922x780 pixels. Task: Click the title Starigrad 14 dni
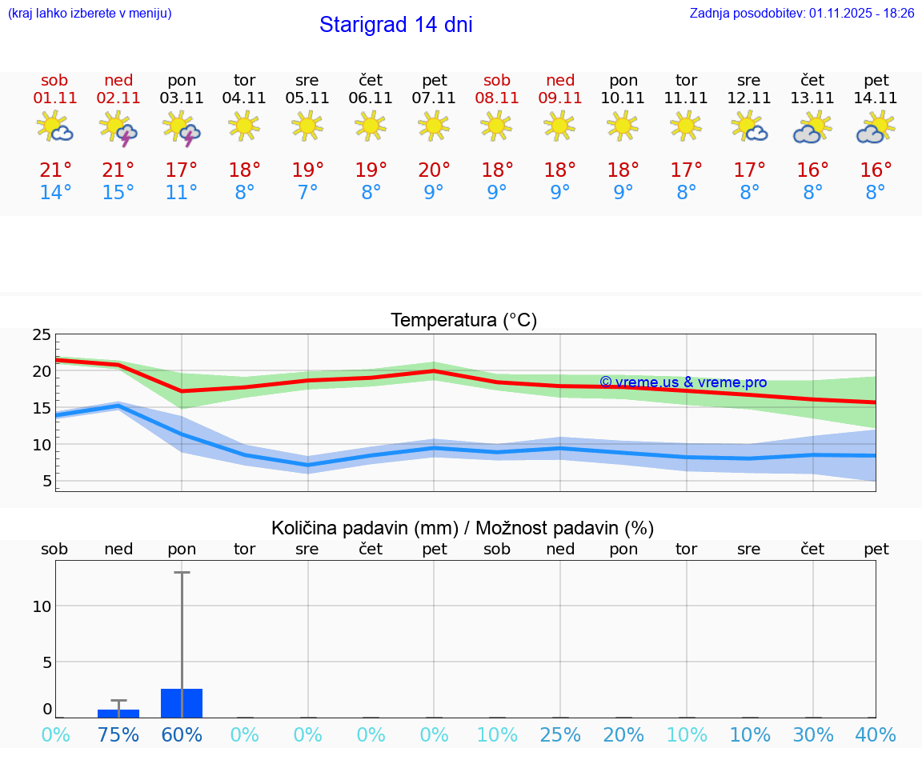coord(395,25)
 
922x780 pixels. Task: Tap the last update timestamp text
coord(802,13)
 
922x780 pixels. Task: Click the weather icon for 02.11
coord(118,129)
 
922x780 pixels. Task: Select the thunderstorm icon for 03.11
coord(182,129)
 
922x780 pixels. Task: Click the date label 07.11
coord(434,98)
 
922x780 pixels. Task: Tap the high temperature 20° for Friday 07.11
coord(434,170)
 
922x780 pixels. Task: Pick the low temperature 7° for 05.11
coord(307,193)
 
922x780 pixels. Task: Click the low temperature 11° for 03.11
coord(182,193)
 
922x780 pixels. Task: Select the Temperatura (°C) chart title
coord(463,321)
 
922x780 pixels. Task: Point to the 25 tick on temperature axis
coord(42,334)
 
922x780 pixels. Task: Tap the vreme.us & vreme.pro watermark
coord(683,382)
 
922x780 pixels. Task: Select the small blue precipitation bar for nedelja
coord(118,713)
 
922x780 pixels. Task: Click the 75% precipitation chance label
coord(118,735)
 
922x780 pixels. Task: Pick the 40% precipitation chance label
coord(876,735)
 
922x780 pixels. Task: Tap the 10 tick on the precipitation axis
coord(42,606)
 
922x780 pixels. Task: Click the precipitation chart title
coord(463,528)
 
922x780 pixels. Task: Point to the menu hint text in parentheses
coord(90,13)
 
